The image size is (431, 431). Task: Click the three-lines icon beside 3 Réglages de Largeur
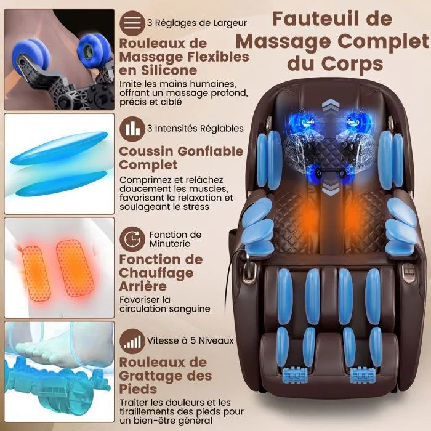[132, 23]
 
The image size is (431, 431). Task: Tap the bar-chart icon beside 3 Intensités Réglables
[132, 129]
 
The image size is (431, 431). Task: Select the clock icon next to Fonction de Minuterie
[132, 239]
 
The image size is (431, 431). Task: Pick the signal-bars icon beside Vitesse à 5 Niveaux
[132, 341]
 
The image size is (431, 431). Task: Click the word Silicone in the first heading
[169, 70]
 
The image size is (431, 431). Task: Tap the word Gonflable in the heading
[211, 151]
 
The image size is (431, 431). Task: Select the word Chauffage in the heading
[156, 273]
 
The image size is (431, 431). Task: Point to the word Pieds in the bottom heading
[138, 389]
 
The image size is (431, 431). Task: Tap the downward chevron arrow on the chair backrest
[331, 188]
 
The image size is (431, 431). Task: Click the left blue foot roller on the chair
[295, 374]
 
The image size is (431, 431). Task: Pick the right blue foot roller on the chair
[362, 374]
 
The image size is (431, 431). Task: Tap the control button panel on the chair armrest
[409, 271]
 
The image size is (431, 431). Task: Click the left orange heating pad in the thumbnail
[36, 273]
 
